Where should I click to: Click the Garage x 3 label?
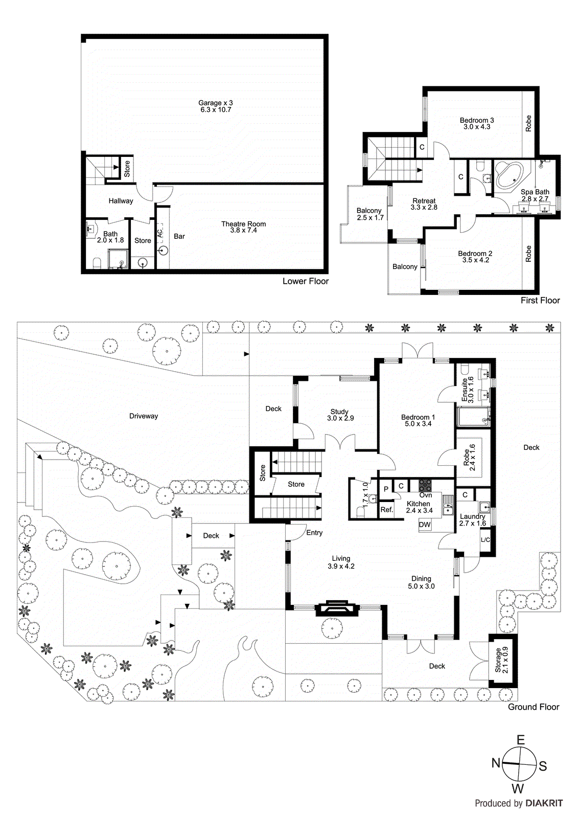pyautogui.click(x=215, y=103)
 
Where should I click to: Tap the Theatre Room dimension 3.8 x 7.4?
pyautogui.click(x=243, y=231)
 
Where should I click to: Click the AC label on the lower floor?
pyautogui.click(x=160, y=233)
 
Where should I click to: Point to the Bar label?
pyautogui.click(x=179, y=236)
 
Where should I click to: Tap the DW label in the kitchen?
pyautogui.click(x=425, y=525)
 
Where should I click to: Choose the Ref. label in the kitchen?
pyautogui.click(x=387, y=510)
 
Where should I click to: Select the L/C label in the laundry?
pyautogui.click(x=485, y=540)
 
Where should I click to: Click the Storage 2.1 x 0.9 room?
pyautogui.click(x=502, y=660)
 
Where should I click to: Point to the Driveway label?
pyautogui.click(x=144, y=416)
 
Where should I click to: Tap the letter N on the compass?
pyautogui.click(x=496, y=763)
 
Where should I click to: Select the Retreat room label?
pyautogui.click(x=424, y=201)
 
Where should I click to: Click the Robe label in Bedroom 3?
pyautogui.click(x=528, y=123)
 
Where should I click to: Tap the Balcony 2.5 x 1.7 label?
pyautogui.click(x=369, y=211)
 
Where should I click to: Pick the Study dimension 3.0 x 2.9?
pyautogui.click(x=340, y=418)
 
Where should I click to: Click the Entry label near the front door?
pyautogui.click(x=314, y=533)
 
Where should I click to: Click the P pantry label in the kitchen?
pyautogui.click(x=386, y=489)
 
